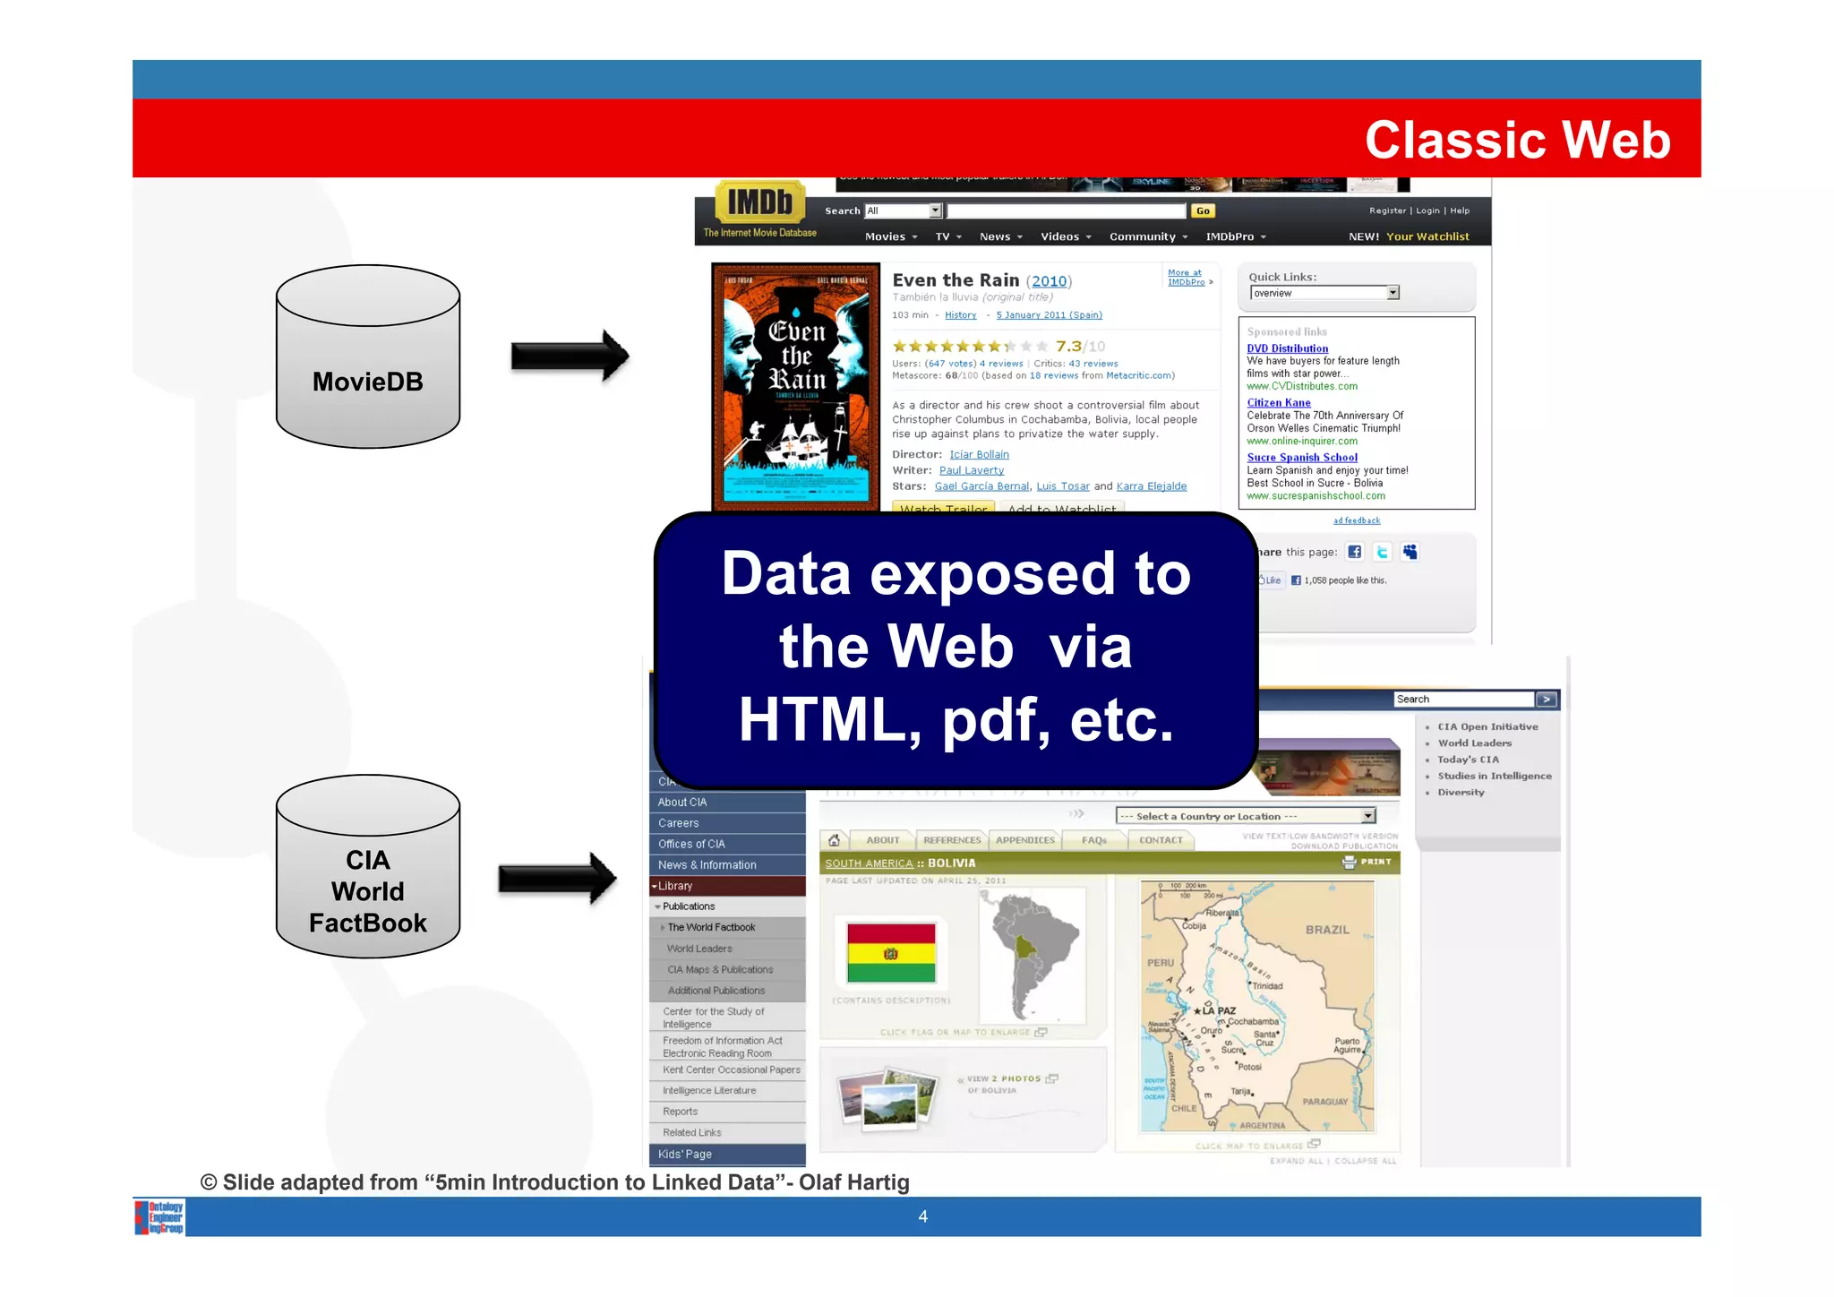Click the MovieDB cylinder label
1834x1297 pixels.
click(367, 382)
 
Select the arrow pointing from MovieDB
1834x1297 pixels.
click(570, 356)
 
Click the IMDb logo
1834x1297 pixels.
click(759, 202)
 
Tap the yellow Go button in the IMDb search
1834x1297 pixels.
click(1202, 211)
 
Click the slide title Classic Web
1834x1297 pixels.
click(1517, 140)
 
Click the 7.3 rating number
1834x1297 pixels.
click(1068, 347)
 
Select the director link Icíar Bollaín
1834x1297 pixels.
click(979, 455)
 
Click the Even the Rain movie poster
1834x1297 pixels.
click(795, 385)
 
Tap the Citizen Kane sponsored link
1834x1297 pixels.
click(1278, 403)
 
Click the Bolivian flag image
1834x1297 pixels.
click(891, 953)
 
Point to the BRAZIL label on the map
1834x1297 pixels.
click(1326, 930)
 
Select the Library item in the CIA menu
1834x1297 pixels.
click(676, 886)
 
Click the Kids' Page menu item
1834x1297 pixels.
click(685, 1155)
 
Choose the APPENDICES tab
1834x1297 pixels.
click(1024, 840)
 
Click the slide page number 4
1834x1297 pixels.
click(922, 1216)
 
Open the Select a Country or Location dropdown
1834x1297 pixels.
click(1245, 816)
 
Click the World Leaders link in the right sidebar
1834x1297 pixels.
click(1474, 743)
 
